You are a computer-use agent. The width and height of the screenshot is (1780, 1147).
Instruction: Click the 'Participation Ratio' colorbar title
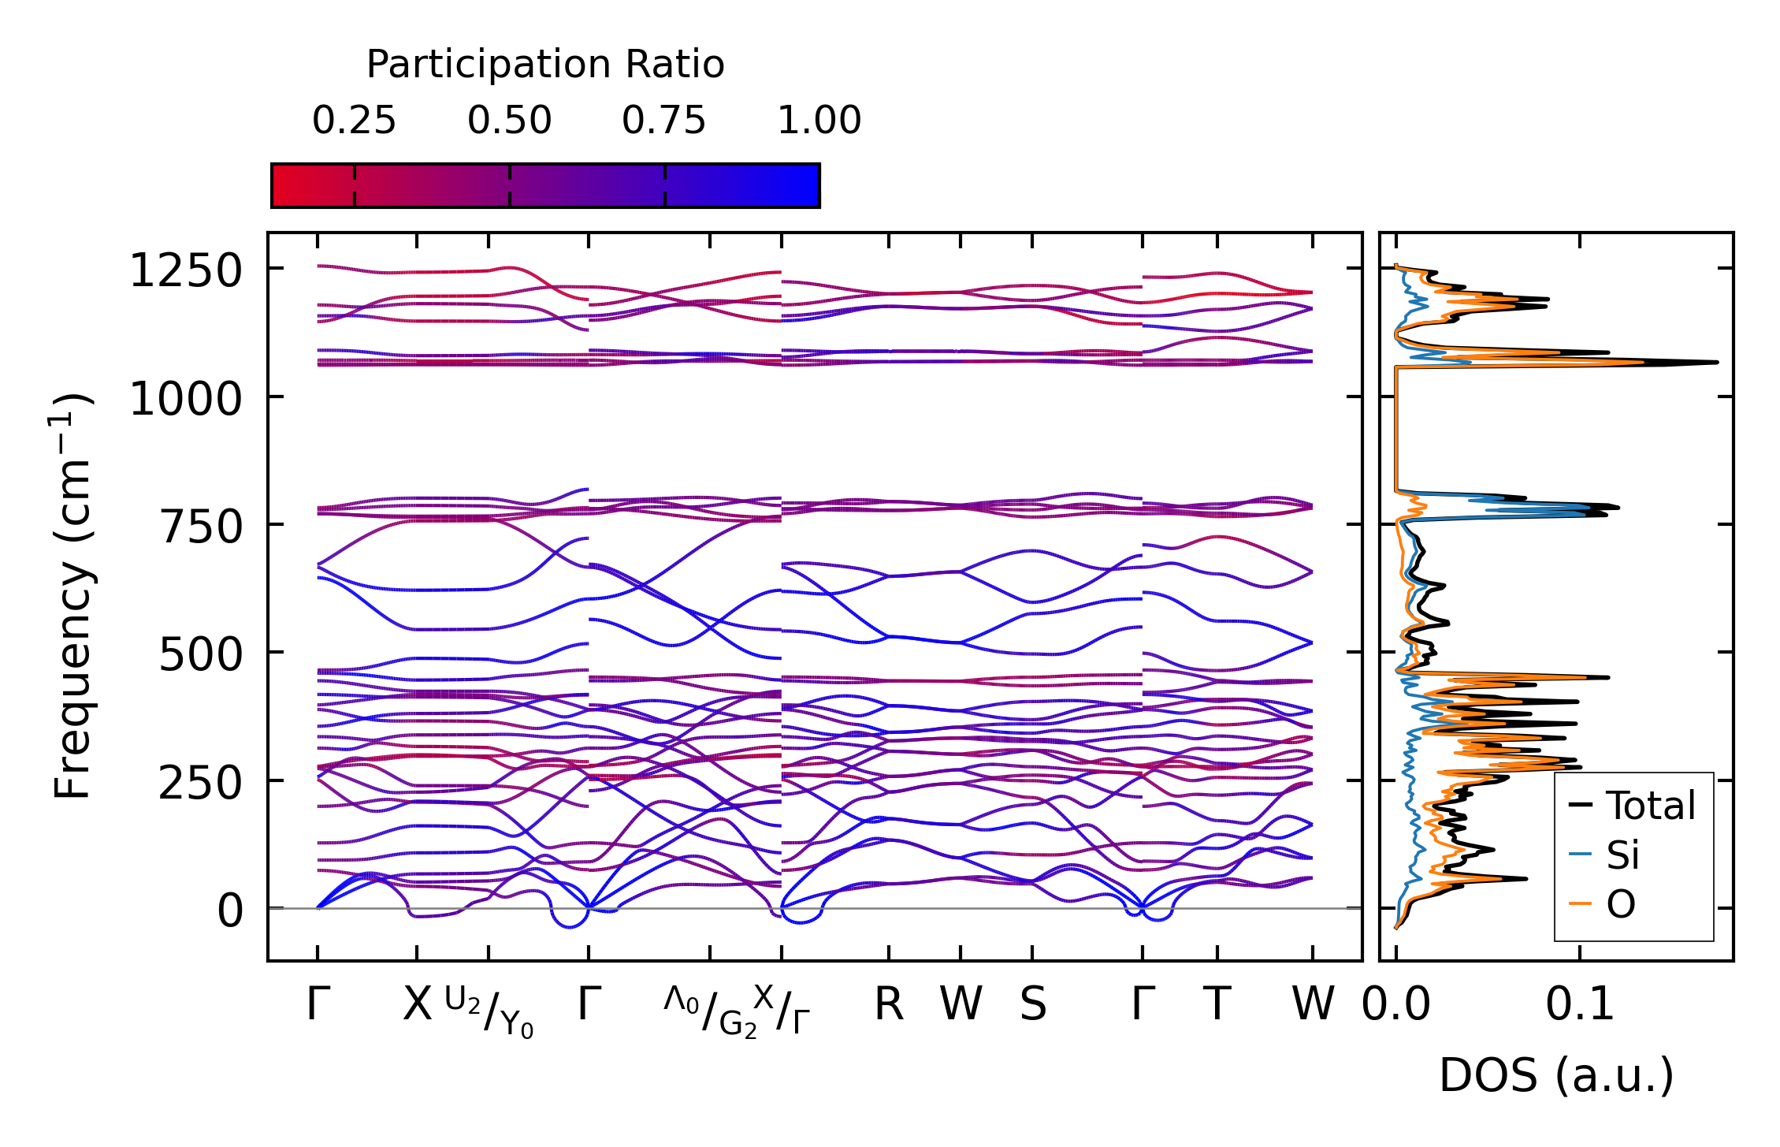[545, 65]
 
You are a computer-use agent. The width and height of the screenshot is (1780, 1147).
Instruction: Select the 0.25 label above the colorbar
[354, 121]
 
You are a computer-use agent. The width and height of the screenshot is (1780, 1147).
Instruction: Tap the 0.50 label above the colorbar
[509, 121]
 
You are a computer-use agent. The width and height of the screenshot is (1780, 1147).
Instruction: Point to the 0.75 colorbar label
[663, 121]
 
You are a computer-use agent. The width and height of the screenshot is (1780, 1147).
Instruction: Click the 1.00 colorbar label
[819, 121]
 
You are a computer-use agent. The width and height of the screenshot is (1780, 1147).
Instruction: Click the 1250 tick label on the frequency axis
[185, 271]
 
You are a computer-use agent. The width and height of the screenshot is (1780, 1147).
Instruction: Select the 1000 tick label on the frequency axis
[185, 399]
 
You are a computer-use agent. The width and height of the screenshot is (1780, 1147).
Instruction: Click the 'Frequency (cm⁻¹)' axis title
[72, 596]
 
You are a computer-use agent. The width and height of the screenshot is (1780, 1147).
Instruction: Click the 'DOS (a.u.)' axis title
[1556, 1075]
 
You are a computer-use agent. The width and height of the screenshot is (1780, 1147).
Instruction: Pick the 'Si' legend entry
[1623, 855]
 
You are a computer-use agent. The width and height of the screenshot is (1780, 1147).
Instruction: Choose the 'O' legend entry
[1621, 904]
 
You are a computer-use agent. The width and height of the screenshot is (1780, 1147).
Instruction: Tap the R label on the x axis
[889, 1004]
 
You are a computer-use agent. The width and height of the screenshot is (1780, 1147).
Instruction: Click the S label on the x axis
[1033, 1004]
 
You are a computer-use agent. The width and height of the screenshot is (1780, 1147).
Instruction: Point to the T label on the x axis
[1217, 1004]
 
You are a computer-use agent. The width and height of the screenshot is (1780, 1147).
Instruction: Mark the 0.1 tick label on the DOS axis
[1579, 1004]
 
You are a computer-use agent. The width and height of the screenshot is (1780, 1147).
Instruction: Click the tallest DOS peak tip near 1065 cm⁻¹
[1716, 363]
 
